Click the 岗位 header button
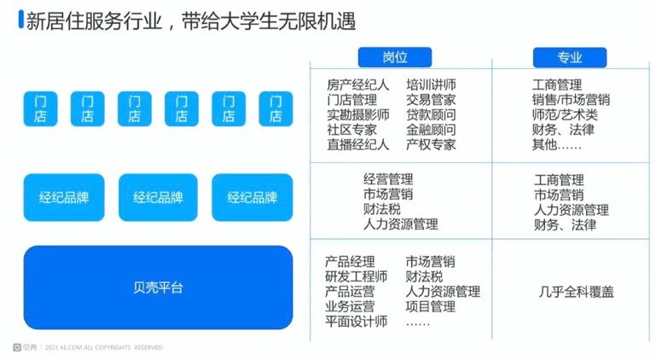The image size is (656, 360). click(394, 57)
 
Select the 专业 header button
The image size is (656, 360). click(569, 57)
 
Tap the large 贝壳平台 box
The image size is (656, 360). click(158, 287)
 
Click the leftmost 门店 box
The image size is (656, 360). click(40, 109)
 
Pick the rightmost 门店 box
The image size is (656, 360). click(276, 109)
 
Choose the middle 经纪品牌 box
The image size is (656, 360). click(158, 197)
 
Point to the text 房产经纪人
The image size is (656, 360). click(358, 85)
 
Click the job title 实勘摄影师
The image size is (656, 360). click(358, 114)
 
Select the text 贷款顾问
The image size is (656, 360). click(431, 114)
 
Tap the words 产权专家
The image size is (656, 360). click(431, 145)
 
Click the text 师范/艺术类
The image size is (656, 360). click(565, 114)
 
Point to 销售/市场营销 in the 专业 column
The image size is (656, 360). click(571, 100)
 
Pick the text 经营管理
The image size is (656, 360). click(388, 179)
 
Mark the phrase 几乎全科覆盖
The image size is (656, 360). click(576, 292)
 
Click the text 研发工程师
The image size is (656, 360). click(356, 276)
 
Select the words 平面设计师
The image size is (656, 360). click(356, 322)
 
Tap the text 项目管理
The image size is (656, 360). click(431, 307)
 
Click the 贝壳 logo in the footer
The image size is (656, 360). click(25, 347)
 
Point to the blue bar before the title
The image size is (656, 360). click(21, 20)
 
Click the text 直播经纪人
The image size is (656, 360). click(358, 145)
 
